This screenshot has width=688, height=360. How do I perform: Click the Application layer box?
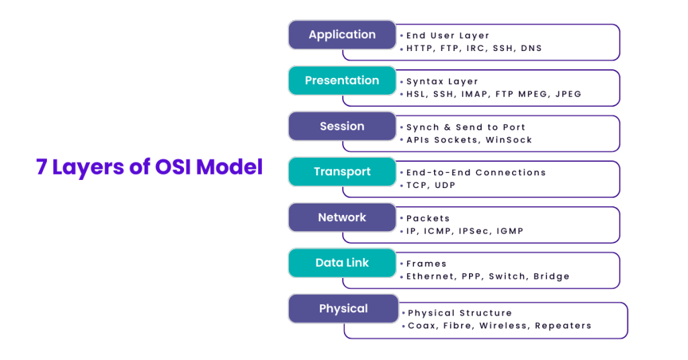[342, 35]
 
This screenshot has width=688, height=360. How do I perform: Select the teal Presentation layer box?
[342, 81]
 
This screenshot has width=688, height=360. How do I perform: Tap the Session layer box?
[342, 126]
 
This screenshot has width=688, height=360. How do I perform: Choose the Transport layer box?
[342, 172]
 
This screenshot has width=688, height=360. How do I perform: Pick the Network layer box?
[342, 218]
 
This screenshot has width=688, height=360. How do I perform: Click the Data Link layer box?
[342, 263]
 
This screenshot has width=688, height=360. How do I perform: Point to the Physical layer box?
[343, 309]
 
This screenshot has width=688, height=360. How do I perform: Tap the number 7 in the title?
[42, 167]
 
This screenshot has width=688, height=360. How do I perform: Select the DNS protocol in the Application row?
[531, 48]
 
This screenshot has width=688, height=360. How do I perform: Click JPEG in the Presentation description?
[568, 94]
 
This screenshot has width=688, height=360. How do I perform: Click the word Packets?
[428, 218]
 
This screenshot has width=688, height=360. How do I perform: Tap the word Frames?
[426, 264]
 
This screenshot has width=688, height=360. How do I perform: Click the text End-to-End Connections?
[476, 173]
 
